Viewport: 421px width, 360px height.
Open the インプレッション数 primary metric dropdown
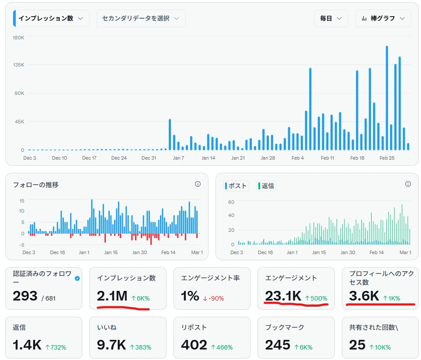51,18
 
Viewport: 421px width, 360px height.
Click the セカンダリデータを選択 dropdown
141,18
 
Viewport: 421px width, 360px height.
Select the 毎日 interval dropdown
331,18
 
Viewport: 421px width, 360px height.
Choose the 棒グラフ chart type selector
383,18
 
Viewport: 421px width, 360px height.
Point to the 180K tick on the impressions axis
18,38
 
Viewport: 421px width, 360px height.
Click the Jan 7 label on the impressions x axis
178,158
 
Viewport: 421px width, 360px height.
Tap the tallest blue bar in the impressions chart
387,98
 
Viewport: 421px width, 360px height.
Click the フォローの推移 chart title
36,185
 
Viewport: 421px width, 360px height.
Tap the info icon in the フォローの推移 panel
198,184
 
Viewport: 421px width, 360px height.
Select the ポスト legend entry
236,185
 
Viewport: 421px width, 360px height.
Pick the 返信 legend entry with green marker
266,185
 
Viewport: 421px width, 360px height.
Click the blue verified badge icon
77,278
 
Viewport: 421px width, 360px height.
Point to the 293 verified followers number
25,296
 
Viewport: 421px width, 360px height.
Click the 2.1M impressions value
112,296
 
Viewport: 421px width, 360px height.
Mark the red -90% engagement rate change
213,298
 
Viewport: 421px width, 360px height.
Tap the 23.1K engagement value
283,296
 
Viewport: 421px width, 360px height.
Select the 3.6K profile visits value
364,296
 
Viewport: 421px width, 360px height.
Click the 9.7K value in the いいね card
111,345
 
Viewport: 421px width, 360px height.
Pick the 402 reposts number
194,345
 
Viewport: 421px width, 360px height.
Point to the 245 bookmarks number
278,345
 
